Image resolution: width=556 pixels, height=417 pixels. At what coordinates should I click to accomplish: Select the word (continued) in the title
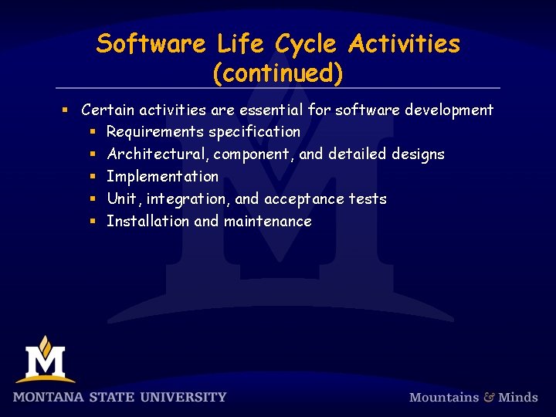click(x=278, y=73)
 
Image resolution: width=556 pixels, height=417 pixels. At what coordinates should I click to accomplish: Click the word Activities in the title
click(x=404, y=44)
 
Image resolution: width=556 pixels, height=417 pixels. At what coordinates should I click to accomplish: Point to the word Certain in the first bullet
click(x=108, y=110)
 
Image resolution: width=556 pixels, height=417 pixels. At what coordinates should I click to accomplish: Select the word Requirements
click(x=154, y=132)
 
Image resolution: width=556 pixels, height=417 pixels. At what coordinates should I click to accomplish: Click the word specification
click(x=254, y=132)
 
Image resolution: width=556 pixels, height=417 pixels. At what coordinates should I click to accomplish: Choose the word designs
click(x=418, y=154)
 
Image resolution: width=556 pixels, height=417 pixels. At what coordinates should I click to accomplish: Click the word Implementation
click(x=162, y=177)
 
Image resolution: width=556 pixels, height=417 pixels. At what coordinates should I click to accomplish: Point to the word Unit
click(x=121, y=199)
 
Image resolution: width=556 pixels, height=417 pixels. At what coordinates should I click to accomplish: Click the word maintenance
click(x=267, y=222)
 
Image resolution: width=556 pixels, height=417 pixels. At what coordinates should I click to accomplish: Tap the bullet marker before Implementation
click(x=91, y=177)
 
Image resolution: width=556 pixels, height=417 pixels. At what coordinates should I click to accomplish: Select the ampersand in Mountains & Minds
click(x=489, y=397)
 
